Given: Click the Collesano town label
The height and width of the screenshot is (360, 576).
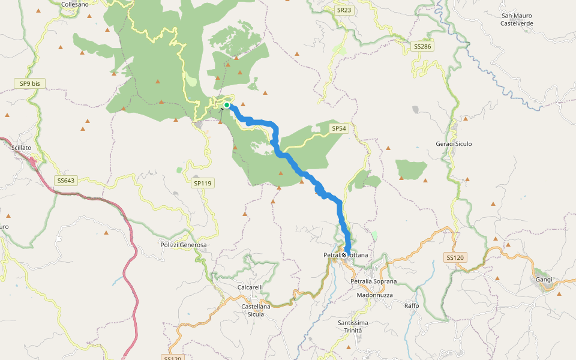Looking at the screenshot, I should [75, 4].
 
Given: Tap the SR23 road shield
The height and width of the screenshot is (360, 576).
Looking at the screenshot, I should [344, 10].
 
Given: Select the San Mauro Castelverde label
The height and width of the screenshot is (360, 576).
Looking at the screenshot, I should [517, 19].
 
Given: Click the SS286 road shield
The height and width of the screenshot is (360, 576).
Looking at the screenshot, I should [422, 46].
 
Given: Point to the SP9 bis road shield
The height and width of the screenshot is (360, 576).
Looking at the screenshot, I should [29, 84].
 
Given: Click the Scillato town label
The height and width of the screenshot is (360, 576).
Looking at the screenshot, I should [21, 147].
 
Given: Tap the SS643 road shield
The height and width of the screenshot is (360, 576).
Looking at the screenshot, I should [66, 180].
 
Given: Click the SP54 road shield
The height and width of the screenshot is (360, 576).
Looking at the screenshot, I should [339, 128].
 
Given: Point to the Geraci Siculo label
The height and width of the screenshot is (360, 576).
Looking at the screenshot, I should [454, 144].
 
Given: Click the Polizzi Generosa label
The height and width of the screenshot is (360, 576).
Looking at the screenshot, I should [183, 245].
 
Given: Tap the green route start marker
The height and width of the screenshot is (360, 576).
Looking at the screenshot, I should [227, 106].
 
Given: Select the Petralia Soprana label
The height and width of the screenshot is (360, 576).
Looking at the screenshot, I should [374, 281].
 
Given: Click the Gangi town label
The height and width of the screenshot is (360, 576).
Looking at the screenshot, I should [544, 280].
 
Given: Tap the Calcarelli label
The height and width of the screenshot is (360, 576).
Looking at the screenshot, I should [250, 287].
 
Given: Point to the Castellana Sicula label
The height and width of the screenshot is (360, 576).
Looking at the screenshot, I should [256, 310].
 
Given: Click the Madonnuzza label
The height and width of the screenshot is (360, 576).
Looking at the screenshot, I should [374, 295].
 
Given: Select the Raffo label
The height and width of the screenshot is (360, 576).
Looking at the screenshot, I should [412, 306].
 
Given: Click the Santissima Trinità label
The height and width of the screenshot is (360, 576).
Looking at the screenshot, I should [357, 327].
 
